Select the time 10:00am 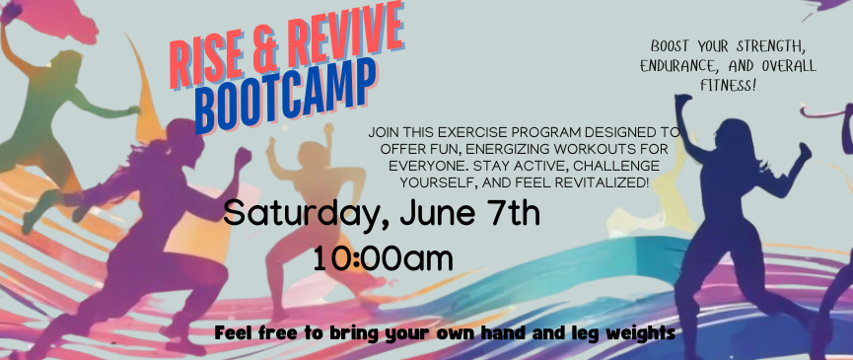[383, 259]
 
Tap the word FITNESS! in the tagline [729, 86]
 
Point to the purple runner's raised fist [243, 157]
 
